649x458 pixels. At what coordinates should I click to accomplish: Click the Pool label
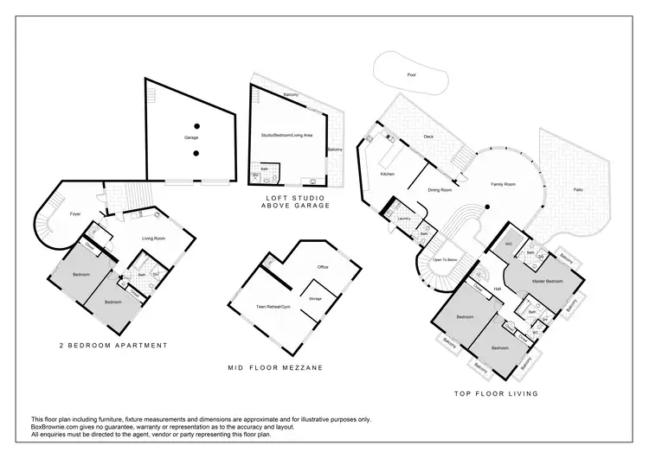click(x=411, y=75)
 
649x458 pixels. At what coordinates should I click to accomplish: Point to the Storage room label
click(x=315, y=299)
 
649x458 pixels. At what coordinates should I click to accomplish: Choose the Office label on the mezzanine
click(x=323, y=267)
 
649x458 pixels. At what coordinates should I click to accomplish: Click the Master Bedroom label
click(x=546, y=282)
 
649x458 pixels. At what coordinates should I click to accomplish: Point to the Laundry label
click(x=403, y=219)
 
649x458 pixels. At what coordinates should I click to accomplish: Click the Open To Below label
click(x=444, y=259)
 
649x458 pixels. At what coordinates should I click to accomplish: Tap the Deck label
click(x=427, y=137)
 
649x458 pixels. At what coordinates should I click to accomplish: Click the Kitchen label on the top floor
click(x=388, y=174)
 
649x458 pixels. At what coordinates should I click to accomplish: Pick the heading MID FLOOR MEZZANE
click(x=275, y=367)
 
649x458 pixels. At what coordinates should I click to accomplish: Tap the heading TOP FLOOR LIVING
click(x=496, y=393)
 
